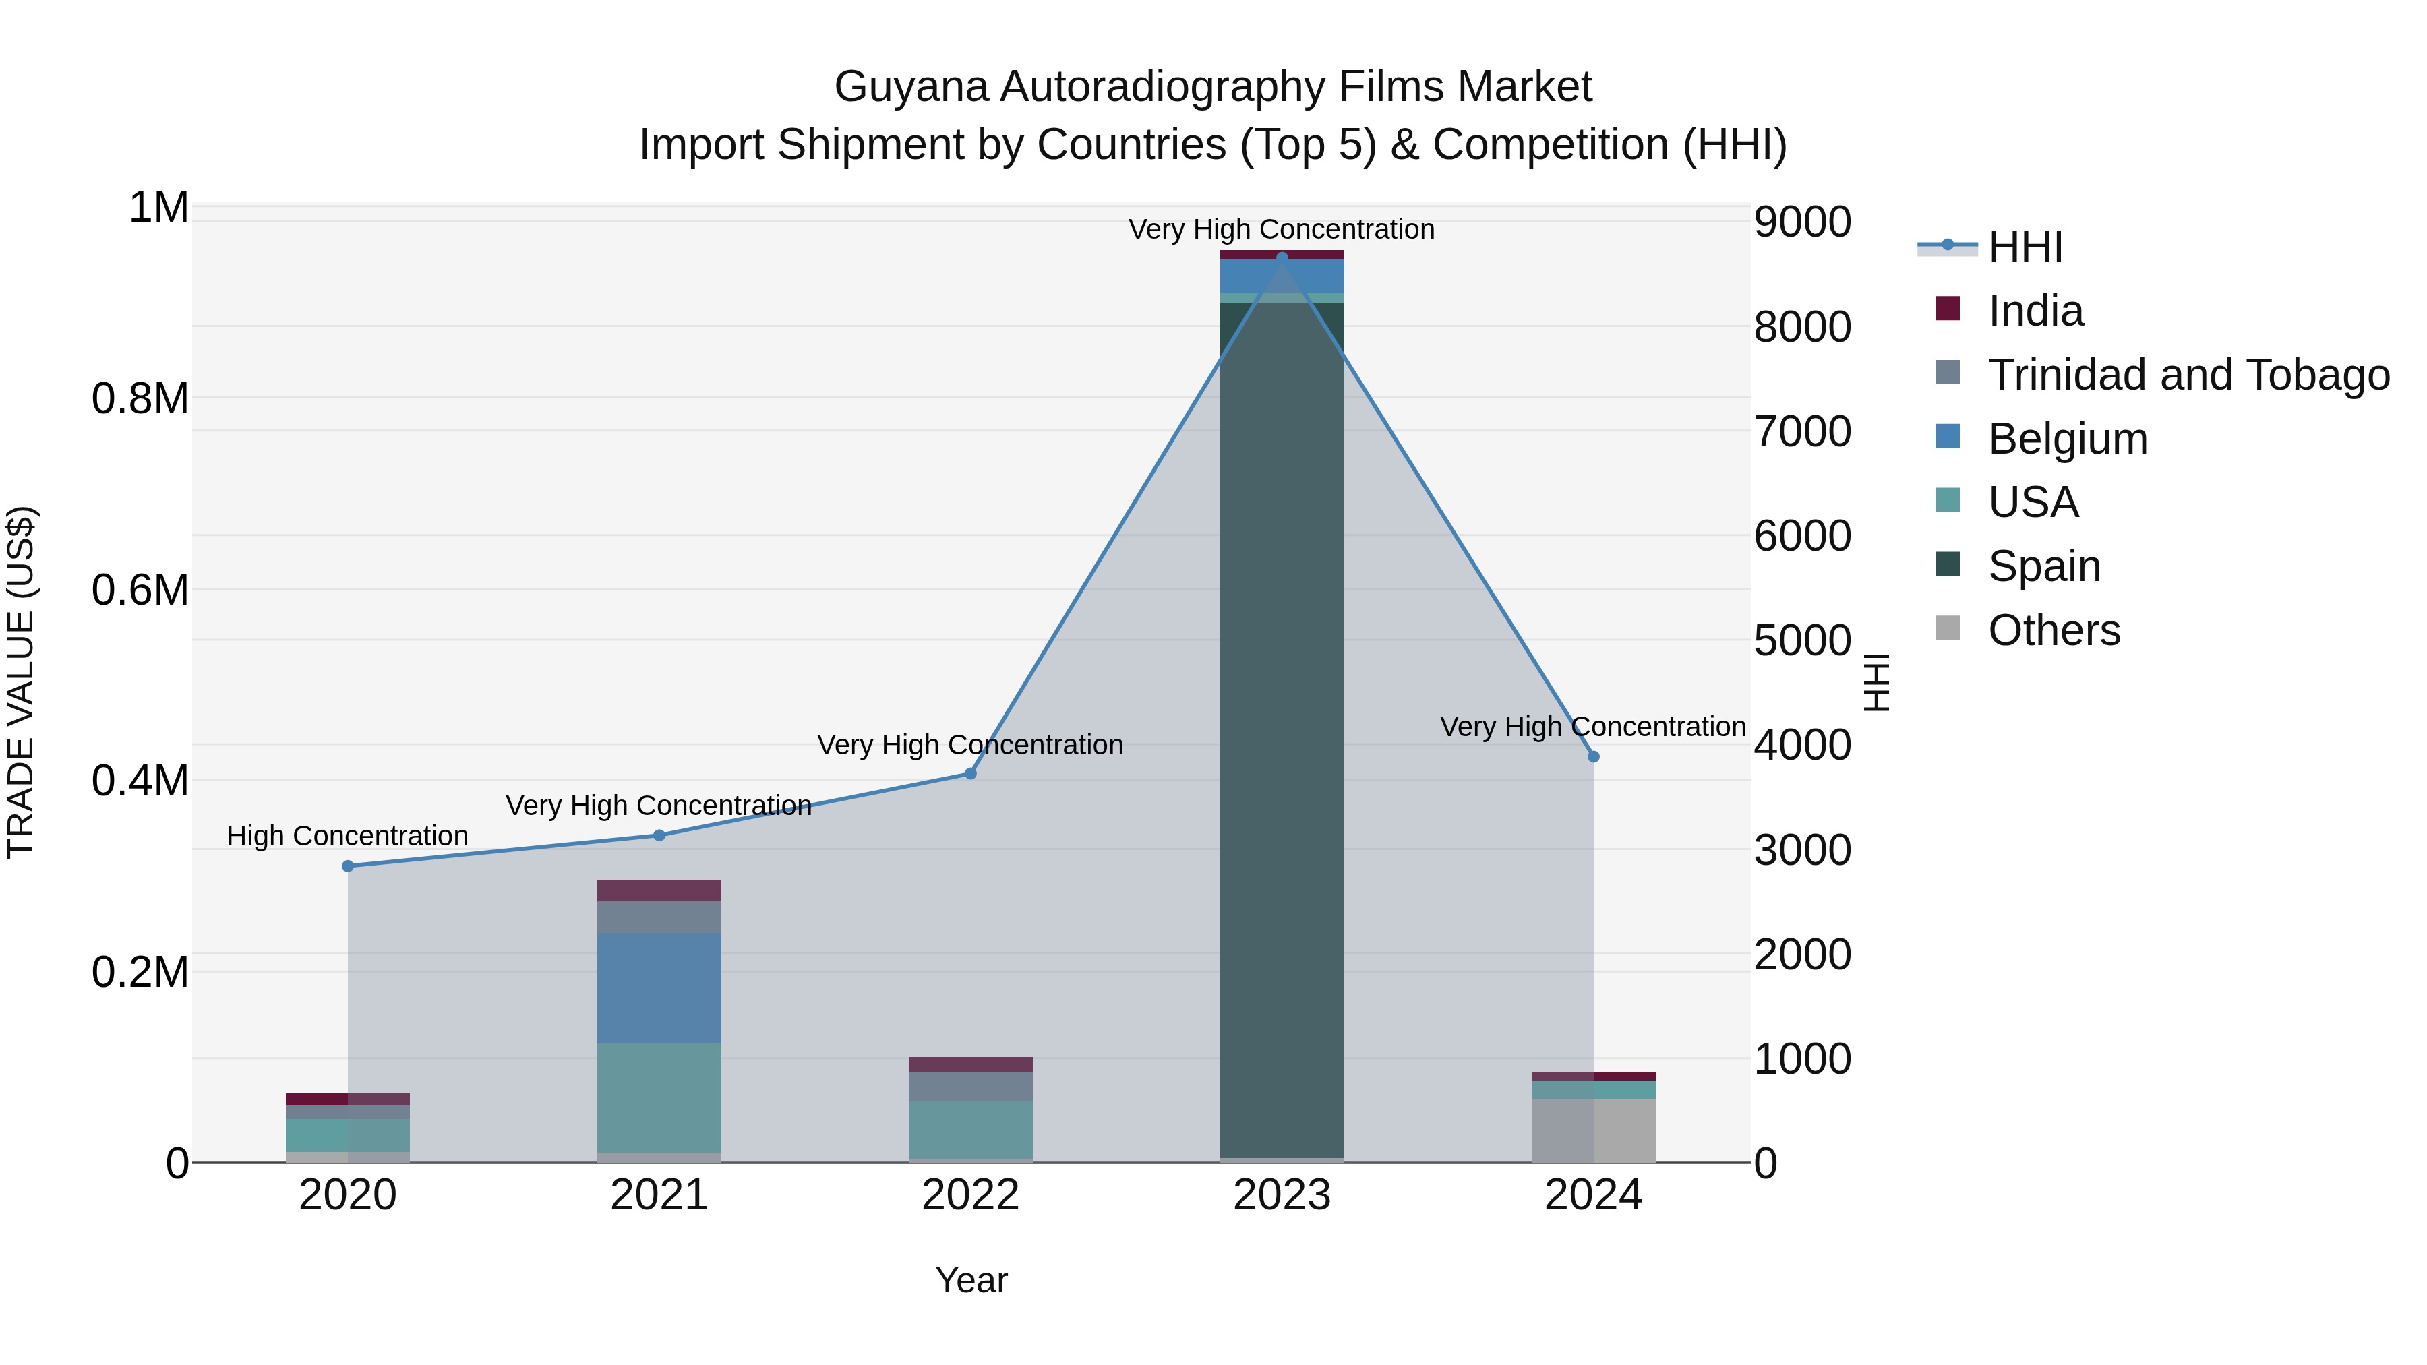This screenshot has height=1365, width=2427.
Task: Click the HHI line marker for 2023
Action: coord(1282,257)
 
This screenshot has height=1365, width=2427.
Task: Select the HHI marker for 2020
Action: coord(348,866)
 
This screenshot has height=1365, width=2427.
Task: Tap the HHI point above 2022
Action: coord(970,773)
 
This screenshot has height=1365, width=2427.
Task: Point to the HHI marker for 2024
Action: coord(1593,756)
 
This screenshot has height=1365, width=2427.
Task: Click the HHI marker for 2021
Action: coord(659,835)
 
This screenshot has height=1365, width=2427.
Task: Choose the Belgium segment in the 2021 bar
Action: coord(659,988)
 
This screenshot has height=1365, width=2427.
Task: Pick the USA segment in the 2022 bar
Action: coord(970,1128)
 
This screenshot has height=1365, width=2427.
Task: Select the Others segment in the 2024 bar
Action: coord(1593,1130)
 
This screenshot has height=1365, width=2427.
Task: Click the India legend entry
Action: coord(2035,311)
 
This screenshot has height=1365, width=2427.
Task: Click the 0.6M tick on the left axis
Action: coord(140,590)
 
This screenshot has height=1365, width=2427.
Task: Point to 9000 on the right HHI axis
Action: coord(1801,222)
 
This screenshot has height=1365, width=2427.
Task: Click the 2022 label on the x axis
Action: coord(970,1195)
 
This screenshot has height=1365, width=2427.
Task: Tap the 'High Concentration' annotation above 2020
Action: coord(348,836)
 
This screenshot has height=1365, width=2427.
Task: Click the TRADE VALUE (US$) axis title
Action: coord(21,682)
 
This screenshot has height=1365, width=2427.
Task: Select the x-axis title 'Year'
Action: coord(970,1280)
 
